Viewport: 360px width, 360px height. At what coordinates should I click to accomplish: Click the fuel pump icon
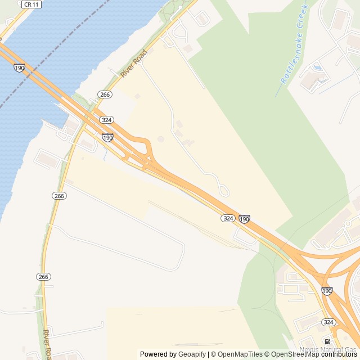pos(327,341)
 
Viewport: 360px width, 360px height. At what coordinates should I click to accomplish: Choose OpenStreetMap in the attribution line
pos(295,354)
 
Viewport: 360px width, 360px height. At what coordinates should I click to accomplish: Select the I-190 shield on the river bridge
pos(20,67)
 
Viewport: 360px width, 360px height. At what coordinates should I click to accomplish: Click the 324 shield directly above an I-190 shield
pos(106,120)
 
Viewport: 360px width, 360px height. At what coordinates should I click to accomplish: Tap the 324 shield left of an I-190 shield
pos(227,218)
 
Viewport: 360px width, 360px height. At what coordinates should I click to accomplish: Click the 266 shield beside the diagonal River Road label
pos(105,94)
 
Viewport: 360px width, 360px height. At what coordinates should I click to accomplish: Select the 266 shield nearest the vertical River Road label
pos(44,277)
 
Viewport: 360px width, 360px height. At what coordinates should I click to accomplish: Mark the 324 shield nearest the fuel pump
pos(329,322)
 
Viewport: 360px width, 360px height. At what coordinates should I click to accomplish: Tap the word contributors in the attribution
pos(340,354)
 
